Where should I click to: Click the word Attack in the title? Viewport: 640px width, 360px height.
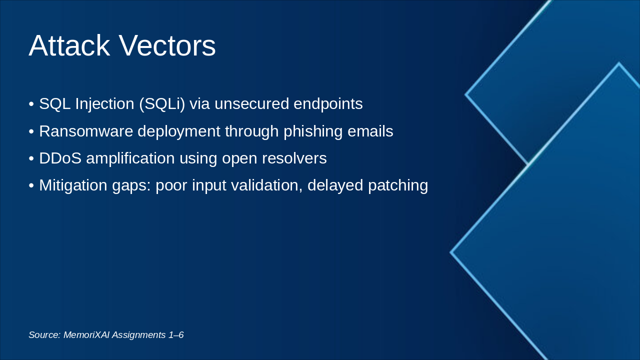point(69,45)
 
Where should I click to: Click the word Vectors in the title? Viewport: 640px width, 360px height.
point(167,45)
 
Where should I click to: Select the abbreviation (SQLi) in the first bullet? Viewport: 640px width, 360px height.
point(162,104)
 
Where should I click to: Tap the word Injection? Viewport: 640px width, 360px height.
point(104,104)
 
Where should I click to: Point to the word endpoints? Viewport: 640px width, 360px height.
point(328,103)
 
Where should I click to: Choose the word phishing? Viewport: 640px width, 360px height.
point(313,131)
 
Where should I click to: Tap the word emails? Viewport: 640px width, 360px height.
point(370,131)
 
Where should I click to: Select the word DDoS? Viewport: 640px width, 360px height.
point(60,158)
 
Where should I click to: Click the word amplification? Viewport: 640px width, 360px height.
point(130,158)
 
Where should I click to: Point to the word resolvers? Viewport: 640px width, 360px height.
point(294,158)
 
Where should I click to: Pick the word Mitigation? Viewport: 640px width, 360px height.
point(73,185)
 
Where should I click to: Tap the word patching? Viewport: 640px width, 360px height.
point(398,185)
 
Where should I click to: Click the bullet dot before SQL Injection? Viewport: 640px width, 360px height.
point(31,104)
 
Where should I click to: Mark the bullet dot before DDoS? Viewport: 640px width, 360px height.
point(31,158)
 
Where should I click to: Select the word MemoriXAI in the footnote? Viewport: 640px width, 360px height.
point(86,335)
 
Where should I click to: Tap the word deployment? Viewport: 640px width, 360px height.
point(179,131)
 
